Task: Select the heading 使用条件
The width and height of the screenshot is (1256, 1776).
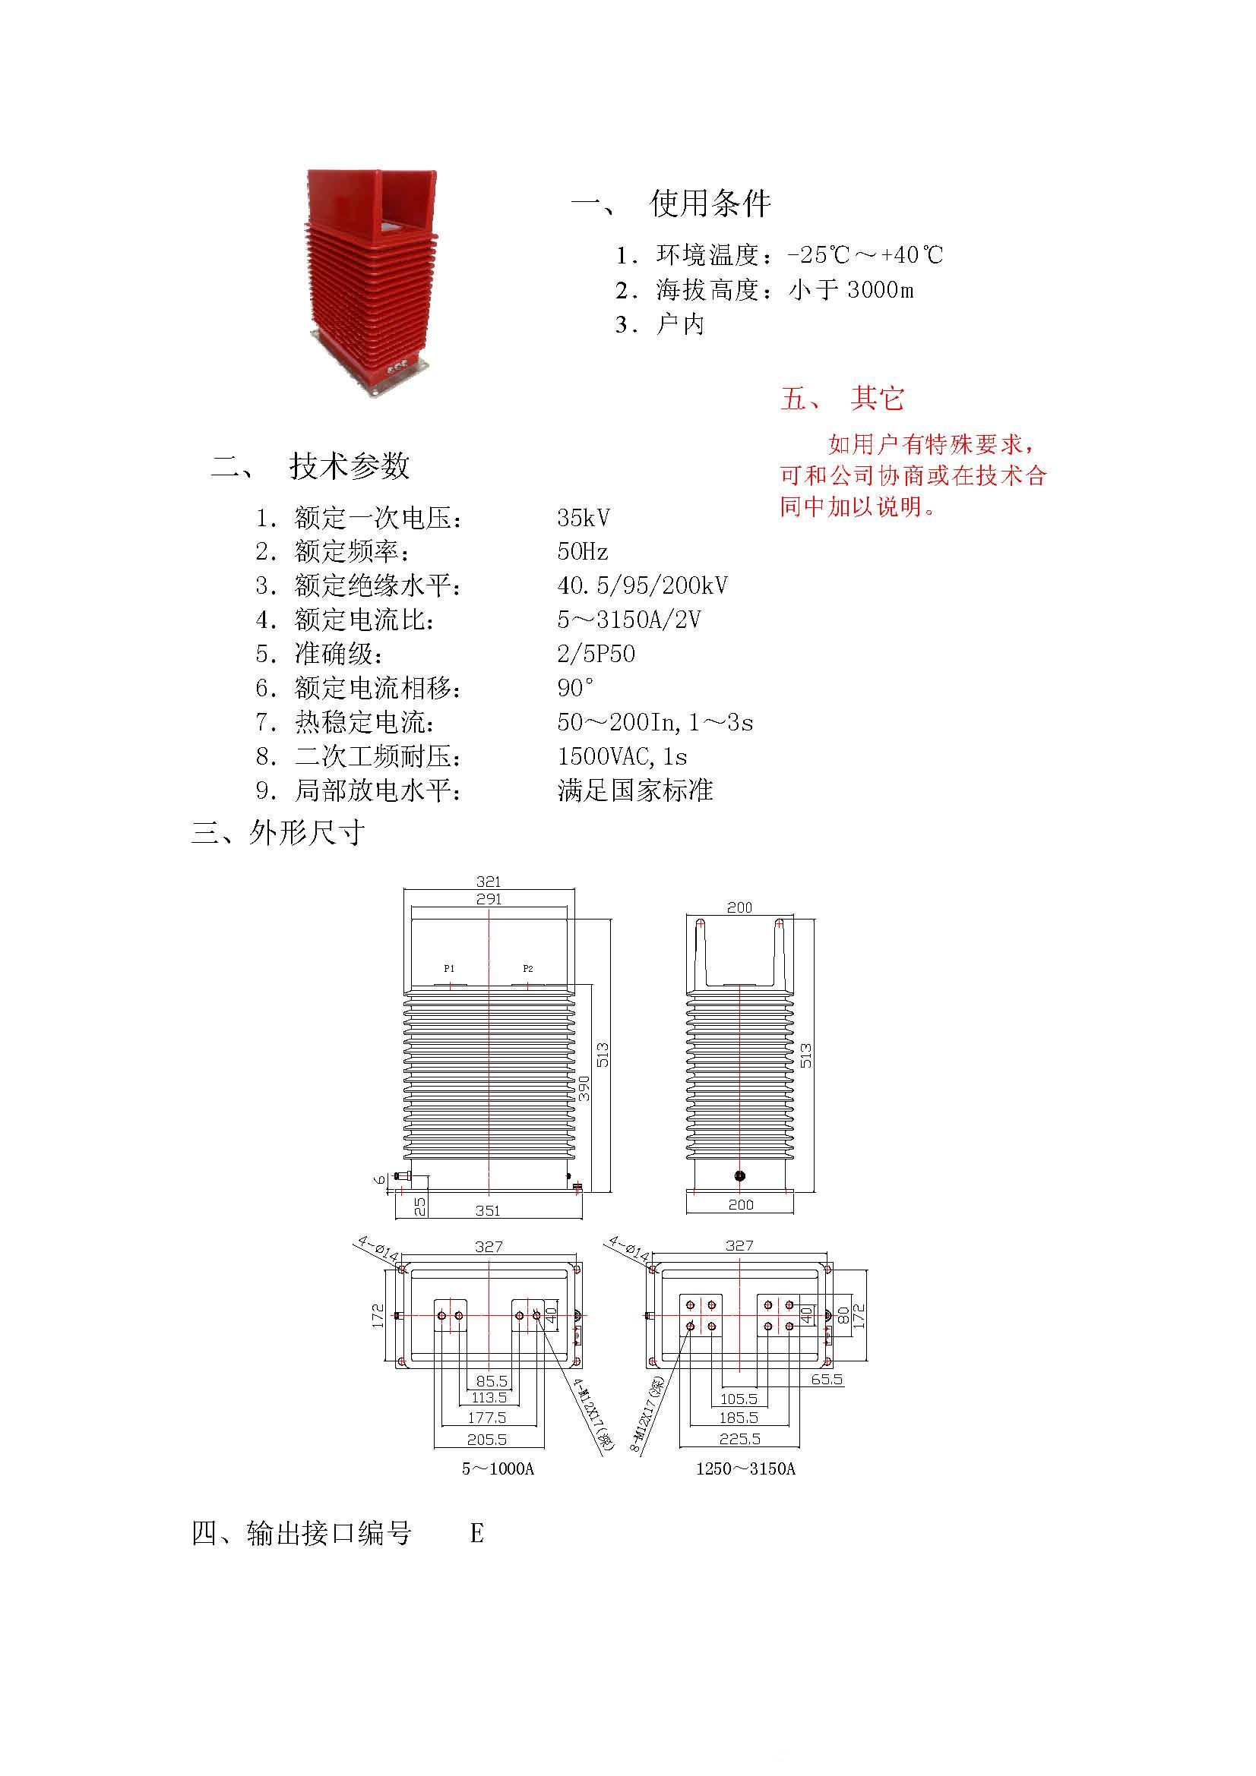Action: click(x=710, y=203)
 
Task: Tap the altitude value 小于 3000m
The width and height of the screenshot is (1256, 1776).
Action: click(x=851, y=290)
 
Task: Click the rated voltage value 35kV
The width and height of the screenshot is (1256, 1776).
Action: click(x=584, y=518)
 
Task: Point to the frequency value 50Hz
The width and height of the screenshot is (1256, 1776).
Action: click(x=583, y=551)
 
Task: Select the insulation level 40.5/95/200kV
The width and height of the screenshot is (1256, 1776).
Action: click(x=642, y=585)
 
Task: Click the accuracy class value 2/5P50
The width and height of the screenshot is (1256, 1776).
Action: click(x=596, y=654)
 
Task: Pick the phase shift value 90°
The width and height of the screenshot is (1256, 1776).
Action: click(x=576, y=688)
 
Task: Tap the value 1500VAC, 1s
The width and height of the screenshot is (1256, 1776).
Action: click(x=622, y=756)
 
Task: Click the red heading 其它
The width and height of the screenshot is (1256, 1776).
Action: click(x=877, y=398)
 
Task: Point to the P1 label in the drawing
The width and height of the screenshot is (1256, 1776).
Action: click(x=449, y=968)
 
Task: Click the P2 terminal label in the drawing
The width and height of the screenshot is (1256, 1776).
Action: click(x=528, y=968)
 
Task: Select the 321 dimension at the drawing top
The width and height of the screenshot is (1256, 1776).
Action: click(x=489, y=882)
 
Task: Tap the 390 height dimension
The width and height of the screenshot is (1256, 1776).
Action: click(x=584, y=1088)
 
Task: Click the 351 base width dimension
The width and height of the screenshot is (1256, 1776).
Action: click(x=488, y=1210)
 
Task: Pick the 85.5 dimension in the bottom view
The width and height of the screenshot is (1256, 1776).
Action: click(x=492, y=1380)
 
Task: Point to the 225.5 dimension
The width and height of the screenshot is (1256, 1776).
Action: click(x=740, y=1439)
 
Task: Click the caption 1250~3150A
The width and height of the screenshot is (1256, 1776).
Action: click(x=745, y=1468)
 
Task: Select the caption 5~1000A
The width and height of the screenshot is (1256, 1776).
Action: click(x=498, y=1468)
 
